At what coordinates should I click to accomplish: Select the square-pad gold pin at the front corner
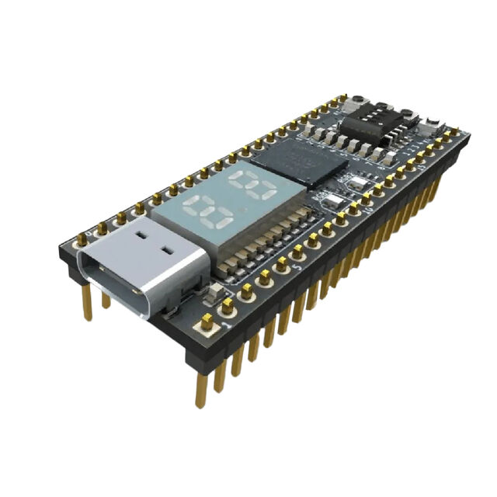[x=207, y=321]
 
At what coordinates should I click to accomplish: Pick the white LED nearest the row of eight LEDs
[x=359, y=183]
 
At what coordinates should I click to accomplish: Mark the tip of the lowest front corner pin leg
[x=200, y=403]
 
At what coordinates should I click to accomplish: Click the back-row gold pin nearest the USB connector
[x=82, y=237]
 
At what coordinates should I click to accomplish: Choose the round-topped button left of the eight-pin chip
[x=358, y=101]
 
